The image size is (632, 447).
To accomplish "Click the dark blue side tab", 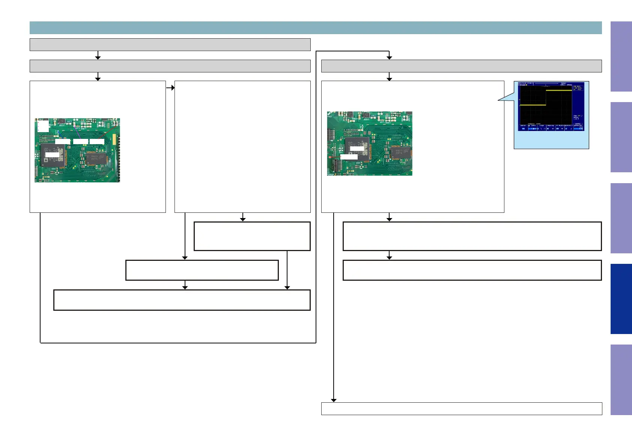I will tap(621, 299).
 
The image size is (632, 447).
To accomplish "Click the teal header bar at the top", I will tap(315, 28).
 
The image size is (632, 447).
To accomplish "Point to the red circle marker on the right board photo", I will tap(330, 157).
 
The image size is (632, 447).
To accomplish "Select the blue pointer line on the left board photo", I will tap(60, 134).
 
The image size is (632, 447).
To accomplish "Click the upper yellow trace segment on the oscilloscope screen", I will tap(558, 90).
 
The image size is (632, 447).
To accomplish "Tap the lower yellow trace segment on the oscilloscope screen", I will tap(533, 105).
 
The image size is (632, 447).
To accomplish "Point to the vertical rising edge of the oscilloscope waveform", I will tap(546, 98).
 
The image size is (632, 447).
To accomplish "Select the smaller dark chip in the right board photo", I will tap(399, 152).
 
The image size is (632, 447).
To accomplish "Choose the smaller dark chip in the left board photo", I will tap(97, 158).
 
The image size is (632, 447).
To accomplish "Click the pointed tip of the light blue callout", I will tap(499, 100).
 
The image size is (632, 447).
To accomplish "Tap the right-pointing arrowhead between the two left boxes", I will tap(173, 87).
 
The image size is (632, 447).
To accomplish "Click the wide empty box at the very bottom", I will tap(461, 408).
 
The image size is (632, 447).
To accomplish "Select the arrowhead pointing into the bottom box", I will tap(334, 400).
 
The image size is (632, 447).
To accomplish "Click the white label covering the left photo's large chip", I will tap(52, 155).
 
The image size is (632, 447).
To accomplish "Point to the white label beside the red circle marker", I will tap(349, 157).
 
